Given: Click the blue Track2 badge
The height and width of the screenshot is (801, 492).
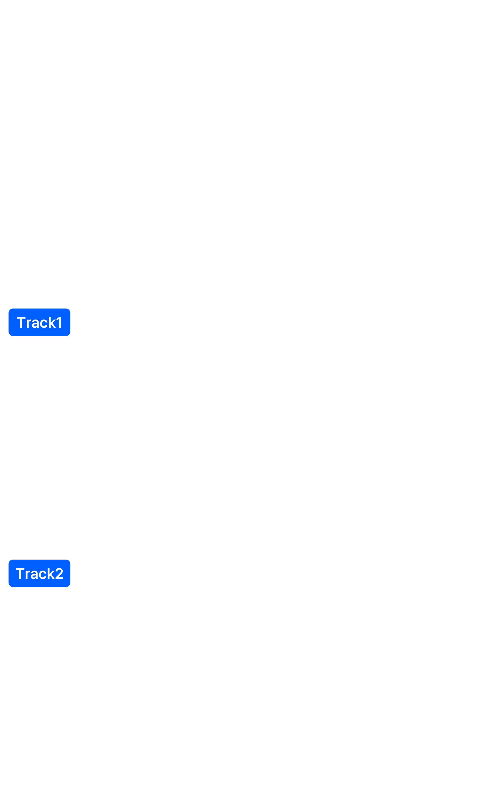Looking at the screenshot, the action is (x=39, y=574).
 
